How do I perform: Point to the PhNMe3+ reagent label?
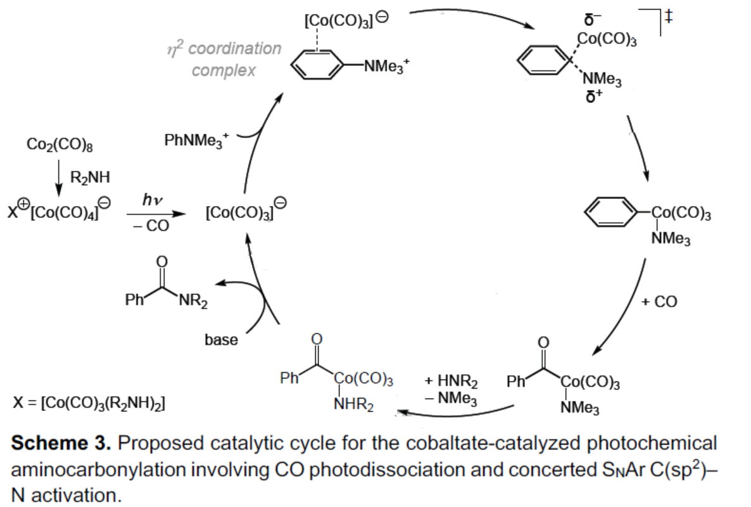click(x=196, y=140)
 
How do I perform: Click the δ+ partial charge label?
click(x=592, y=97)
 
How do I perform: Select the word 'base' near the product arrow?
click(x=221, y=340)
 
